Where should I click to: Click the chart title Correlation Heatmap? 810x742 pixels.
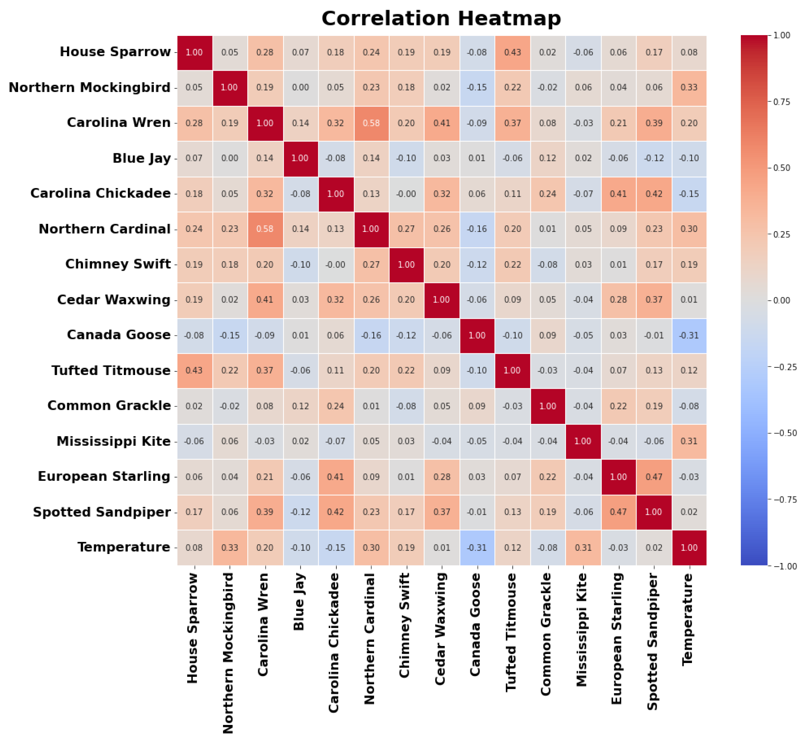click(441, 18)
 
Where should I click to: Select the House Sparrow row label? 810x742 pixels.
click(115, 52)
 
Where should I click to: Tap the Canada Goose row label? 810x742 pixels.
click(118, 335)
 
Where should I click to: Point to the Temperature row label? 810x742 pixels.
click(124, 547)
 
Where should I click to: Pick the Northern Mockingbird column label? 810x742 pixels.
click(229, 653)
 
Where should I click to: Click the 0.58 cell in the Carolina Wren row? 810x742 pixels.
click(371, 123)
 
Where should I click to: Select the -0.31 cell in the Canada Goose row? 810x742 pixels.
click(689, 335)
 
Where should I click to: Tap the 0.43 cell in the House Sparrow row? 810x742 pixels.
click(512, 52)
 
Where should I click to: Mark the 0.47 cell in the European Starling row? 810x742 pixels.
click(654, 477)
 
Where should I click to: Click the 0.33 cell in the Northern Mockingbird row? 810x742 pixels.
click(689, 88)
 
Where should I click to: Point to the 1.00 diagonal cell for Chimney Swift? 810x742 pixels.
click(406, 264)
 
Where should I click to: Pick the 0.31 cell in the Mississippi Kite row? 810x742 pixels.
click(689, 441)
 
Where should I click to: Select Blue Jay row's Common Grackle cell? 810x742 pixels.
click(547, 158)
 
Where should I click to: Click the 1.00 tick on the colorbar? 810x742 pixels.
click(781, 36)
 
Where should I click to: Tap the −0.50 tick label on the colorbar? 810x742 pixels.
click(784, 433)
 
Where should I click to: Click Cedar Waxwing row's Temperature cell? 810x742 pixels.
click(689, 300)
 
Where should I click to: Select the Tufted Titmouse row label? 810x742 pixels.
click(111, 370)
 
